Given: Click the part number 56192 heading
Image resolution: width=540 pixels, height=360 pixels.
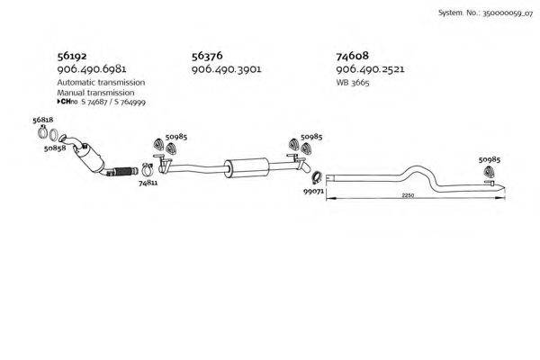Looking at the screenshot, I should (x=72, y=55).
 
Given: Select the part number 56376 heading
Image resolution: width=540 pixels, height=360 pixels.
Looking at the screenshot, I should (x=207, y=55).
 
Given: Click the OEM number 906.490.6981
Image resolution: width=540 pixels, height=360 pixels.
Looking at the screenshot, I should (x=91, y=69).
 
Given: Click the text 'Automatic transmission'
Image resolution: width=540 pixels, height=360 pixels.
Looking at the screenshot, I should (x=101, y=82).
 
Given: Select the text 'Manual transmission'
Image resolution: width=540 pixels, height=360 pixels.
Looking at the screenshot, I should (x=95, y=92).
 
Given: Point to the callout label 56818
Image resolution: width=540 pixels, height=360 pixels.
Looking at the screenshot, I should (x=42, y=120).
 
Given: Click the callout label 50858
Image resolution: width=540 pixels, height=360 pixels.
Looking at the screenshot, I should (x=54, y=148).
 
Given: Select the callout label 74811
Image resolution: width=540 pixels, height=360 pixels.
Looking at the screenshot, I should (x=148, y=182).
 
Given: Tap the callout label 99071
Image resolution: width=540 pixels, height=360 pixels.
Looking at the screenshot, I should (x=313, y=192).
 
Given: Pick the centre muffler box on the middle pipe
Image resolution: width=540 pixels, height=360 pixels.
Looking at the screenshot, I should (x=247, y=166).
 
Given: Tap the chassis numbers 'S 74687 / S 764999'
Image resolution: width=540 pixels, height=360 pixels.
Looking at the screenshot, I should (x=112, y=103).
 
